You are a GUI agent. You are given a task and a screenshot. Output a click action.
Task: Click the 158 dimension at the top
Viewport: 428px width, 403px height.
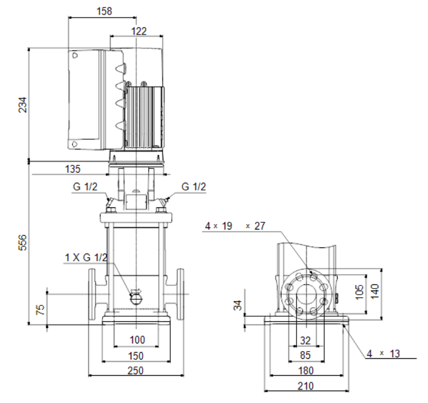pyautogui.click(x=104, y=11)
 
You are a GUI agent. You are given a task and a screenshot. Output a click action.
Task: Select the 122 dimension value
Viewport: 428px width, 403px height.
pyautogui.click(x=139, y=31)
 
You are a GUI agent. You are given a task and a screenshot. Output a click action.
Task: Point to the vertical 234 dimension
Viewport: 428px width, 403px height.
pyautogui.click(x=23, y=105)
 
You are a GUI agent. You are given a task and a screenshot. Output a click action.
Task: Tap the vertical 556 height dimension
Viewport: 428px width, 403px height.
pyautogui.click(x=23, y=242)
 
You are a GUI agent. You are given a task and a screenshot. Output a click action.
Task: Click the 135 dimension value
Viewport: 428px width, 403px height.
pyautogui.click(x=73, y=169)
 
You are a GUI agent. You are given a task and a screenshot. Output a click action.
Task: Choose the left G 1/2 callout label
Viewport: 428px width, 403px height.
pyautogui.click(x=85, y=187)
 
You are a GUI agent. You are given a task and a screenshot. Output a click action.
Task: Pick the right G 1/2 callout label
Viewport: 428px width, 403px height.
pyautogui.click(x=193, y=187)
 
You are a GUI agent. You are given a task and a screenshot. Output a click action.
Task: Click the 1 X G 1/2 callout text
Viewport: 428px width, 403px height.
pyautogui.click(x=86, y=258)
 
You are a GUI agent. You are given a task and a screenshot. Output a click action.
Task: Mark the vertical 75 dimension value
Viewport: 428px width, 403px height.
pyautogui.click(x=40, y=310)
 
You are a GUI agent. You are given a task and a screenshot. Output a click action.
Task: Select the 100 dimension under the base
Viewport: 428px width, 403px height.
pyautogui.click(x=137, y=340)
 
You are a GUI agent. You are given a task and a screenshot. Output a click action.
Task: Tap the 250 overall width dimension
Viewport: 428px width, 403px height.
pyautogui.click(x=135, y=371)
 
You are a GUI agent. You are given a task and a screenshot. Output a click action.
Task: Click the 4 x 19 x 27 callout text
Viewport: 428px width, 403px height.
pyautogui.click(x=235, y=226)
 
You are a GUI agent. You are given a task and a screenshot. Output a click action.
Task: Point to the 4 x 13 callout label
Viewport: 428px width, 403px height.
pyautogui.click(x=383, y=354)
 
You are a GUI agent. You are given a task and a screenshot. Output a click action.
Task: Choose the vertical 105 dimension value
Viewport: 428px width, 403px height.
pyautogui.click(x=360, y=292)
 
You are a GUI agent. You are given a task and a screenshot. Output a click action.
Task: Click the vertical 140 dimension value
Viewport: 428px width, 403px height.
pyautogui.click(x=375, y=291)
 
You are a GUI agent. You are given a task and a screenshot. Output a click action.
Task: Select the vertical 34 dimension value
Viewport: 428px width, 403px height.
pyautogui.click(x=238, y=305)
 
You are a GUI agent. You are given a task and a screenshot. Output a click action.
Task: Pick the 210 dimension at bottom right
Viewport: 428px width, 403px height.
pyautogui.click(x=305, y=386)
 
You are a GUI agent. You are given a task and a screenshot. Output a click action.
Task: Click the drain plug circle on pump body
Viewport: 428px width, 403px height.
pyautogui.click(x=136, y=299)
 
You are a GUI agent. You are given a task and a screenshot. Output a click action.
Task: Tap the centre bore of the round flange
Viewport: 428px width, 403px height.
pyautogui.click(x=306, y=294)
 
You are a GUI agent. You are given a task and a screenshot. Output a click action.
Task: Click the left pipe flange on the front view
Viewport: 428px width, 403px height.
pyautogui.click(x=92, y=294)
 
